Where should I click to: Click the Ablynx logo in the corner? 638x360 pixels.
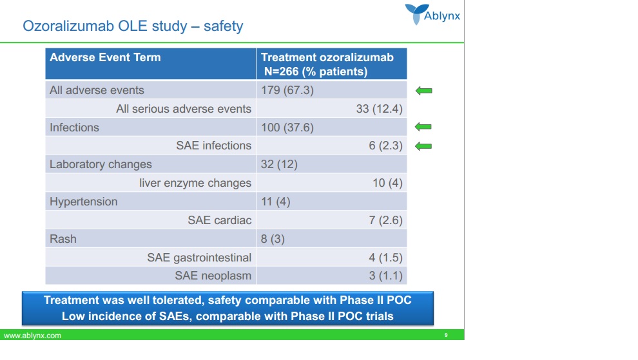point(432,14)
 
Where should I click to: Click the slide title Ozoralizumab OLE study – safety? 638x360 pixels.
point(133,26)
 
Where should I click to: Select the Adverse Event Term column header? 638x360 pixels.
point(105,57)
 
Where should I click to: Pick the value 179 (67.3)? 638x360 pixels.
point(287,90)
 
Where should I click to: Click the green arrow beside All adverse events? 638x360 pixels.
point(423,91)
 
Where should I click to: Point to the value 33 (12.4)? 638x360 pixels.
point(379,109)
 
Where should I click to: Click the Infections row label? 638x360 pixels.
point(75,128)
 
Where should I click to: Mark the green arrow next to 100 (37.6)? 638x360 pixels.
point(423,128)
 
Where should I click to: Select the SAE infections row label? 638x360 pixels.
point(213,146)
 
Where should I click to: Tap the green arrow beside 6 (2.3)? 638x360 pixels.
point(423,146)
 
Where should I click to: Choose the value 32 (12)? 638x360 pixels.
point(279,164)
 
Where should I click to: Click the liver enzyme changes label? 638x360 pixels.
point(195,183)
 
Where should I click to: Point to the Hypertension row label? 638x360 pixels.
point(84,202)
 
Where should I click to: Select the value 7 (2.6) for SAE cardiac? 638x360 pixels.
point(385,220)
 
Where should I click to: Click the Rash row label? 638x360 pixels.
point(63,239)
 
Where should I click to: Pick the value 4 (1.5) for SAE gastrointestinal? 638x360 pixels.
point(385,258)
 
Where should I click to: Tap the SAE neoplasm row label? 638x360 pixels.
point(213,276)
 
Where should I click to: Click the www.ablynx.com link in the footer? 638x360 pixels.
point(33,336)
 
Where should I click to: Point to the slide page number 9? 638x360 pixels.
point(446,336)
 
